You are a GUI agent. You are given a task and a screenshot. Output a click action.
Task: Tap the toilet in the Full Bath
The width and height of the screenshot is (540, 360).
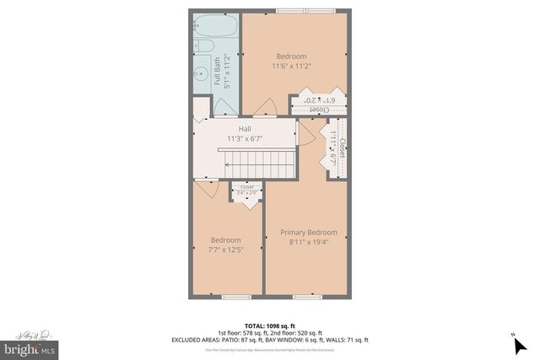tap(203, 48)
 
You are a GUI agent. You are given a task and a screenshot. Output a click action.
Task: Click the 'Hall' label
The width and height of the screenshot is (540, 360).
tap(245, 129)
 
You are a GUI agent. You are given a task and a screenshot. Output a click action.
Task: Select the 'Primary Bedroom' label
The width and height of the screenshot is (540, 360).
tap(309, 233)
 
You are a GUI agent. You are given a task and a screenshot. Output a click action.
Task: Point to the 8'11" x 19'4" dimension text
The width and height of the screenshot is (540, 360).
tap(309, 243)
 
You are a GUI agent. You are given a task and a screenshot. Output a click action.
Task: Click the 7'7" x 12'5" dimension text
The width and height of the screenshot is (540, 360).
tap(225, 250)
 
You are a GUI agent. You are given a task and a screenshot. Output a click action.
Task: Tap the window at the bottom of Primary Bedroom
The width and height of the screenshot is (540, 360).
tap(305, 297)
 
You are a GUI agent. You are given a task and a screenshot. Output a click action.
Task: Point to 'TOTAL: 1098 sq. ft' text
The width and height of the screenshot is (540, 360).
tap(268, 325)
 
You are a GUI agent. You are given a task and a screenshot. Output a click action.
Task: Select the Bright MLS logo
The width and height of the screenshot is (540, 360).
tap(30, 346)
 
